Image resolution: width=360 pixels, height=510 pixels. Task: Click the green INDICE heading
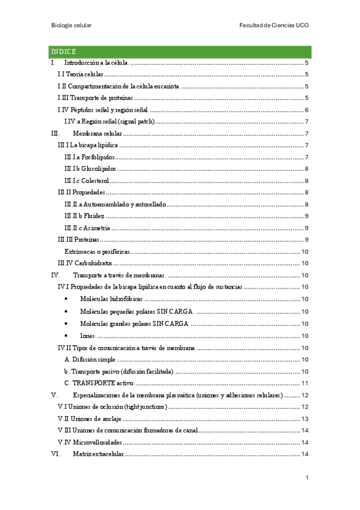point(63,52)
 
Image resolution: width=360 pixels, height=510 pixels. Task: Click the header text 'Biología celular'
point(70,26)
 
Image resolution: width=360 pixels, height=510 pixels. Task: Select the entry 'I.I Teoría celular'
point(80,75)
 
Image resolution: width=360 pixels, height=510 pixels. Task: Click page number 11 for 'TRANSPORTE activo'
point(305,384)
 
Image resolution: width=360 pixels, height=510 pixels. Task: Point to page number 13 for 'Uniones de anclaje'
point(305,419)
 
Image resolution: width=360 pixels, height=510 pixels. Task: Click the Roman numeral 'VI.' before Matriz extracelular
point(55,454)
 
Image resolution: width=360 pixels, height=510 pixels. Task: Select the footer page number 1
point(307,478)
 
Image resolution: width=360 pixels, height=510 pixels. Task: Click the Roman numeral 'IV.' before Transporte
point(55,275)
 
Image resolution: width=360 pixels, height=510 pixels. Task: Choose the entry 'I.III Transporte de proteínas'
point(94,98)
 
